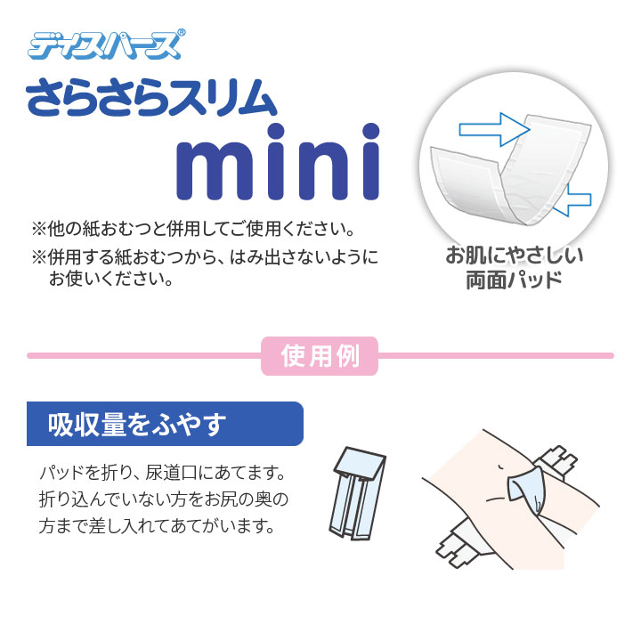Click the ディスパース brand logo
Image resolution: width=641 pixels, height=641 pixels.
coord(105,45)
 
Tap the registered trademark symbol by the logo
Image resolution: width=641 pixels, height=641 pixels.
coord(182,32)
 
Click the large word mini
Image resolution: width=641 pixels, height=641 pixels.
coord(278,162)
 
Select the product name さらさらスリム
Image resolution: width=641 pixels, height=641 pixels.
coord(151,98)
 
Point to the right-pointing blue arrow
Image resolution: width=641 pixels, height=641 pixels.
coord(494,130)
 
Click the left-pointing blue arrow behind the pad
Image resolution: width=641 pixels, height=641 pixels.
coord(573,200)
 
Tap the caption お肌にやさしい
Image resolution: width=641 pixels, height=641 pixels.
coord(515,256)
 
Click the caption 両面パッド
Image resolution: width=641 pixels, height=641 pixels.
coord(515,280)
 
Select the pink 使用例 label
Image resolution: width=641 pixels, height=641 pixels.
coord(320,355)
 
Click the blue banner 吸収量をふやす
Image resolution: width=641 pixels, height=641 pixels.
coord(165,424)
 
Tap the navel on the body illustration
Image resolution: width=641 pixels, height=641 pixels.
coord(499,466)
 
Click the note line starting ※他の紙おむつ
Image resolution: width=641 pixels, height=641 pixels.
coord(193,229)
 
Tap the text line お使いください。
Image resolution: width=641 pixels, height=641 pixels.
coord(110,279)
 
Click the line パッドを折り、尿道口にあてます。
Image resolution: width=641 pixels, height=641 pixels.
coord(163,473)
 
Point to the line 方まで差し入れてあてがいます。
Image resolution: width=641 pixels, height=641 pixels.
coord(157,526)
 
